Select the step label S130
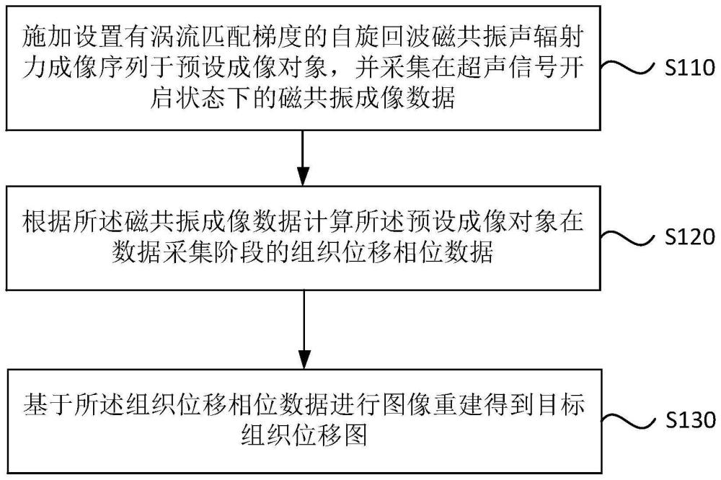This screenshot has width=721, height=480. [690, 420]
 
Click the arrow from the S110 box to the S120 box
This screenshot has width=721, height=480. [303, 158]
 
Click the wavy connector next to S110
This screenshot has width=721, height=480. [628, 67]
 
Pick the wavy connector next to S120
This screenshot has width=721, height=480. [628, 237]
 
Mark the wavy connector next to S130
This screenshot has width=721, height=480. [629, 420]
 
